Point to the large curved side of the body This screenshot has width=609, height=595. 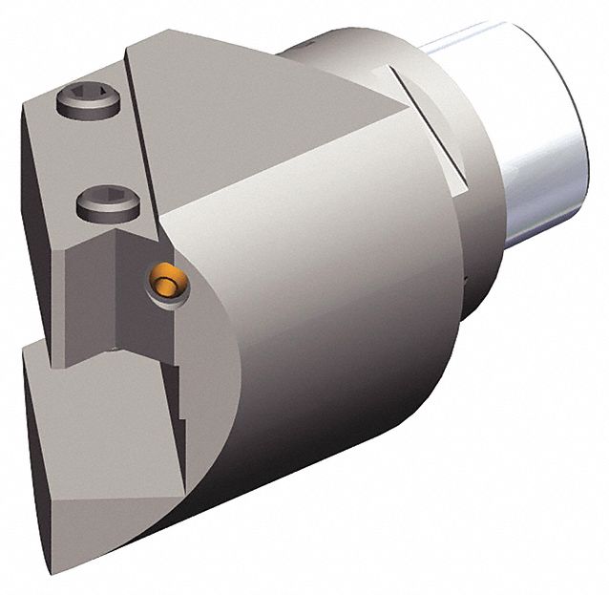coord(325,315)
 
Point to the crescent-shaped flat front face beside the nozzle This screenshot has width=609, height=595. coord(205,315)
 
